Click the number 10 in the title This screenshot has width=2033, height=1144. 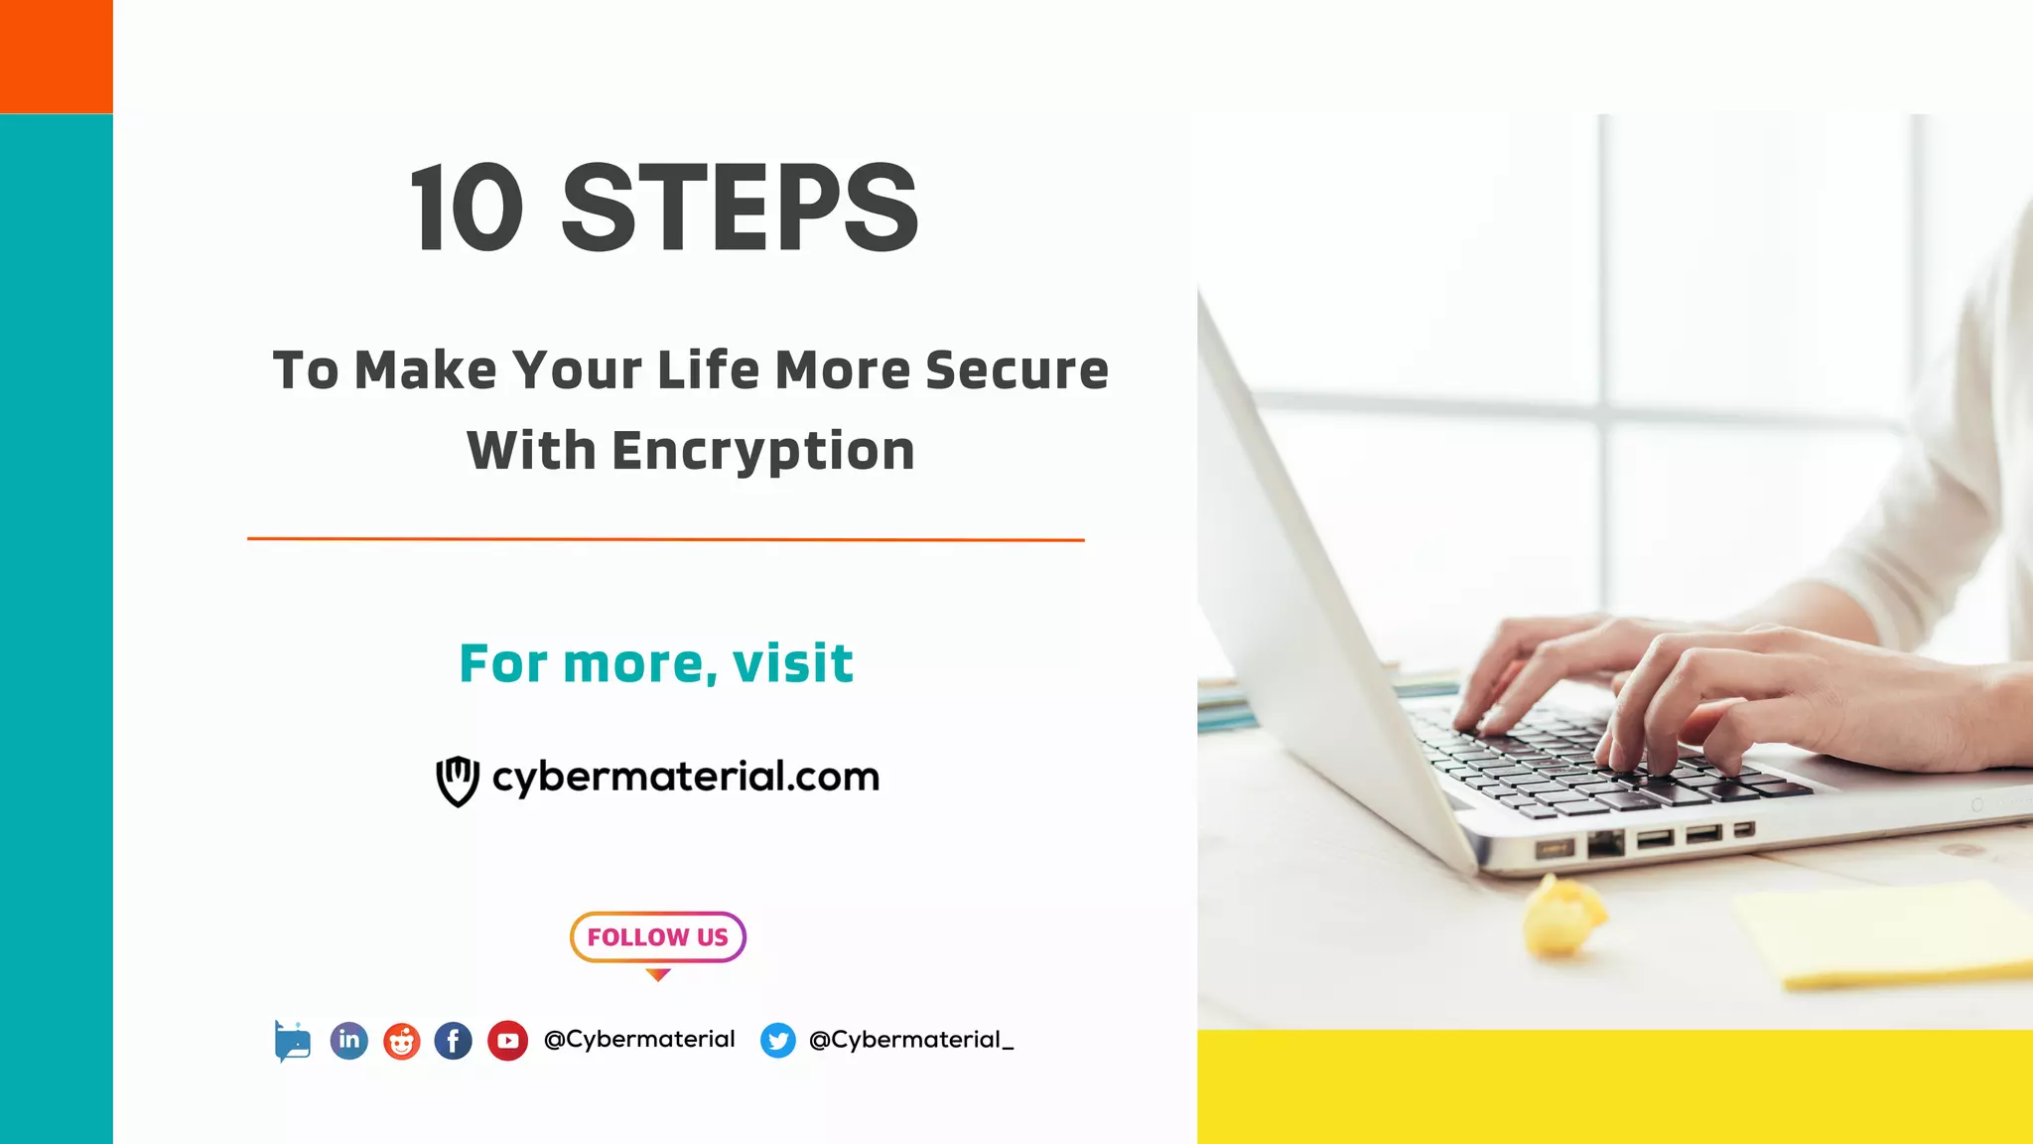tap(467, 209)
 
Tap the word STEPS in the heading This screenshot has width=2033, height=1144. tap(741, 209)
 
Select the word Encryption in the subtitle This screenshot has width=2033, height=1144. tap(762, 451)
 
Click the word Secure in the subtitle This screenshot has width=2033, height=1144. tap(1016, 370)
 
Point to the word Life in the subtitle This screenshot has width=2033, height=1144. tap(708, 370)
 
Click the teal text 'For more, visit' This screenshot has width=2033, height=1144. tap(656, 663)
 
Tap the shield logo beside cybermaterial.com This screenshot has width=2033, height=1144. tap(458, 781)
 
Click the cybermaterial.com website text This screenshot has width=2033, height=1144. tap(686, 777)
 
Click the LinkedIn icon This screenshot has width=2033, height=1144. tap(348, 1040)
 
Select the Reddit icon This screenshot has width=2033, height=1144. tap(402, 1041)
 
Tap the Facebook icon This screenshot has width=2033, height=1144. tap(454, 1041)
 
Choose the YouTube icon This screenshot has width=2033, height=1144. tap(507, 1041)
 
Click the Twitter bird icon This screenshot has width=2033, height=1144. tap(778, 1041)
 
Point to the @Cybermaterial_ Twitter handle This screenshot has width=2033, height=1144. tap(911, 1040)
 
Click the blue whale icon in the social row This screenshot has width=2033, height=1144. tap(293, 1042)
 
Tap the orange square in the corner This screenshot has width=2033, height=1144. tap(57, 57)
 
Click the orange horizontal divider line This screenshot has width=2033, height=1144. tap(665, 539)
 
